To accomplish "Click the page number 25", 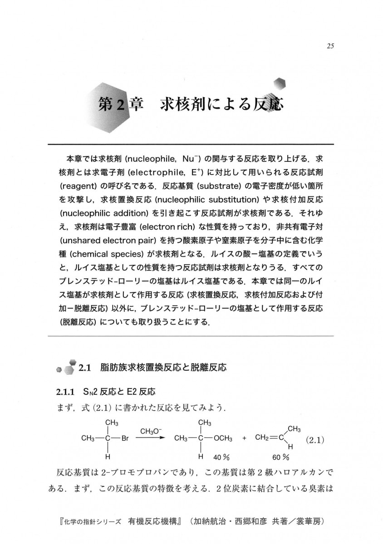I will pyautogui.click(x=330, y=46).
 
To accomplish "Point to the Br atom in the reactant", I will pyautogui.click(x=125, y=438).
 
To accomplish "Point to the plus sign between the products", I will pyautogui.click(x=244, y=439).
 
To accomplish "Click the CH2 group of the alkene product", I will pyautogui.click(x=263, y=438).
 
